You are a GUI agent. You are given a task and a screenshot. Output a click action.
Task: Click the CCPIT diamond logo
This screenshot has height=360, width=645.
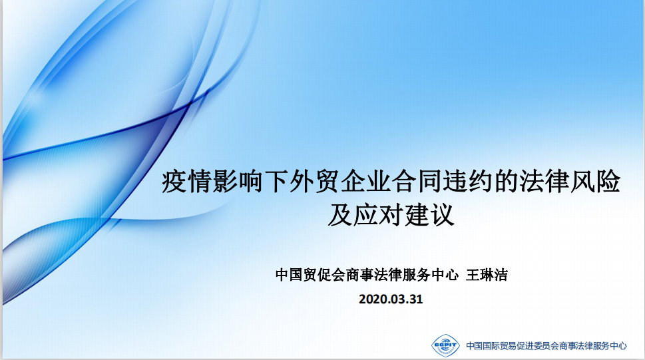click(x=445, y=345)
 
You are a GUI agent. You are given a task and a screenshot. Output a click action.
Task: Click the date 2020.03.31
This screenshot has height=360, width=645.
click(x=391, y=299)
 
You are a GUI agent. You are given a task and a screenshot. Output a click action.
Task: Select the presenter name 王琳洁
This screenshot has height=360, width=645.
click(x=487, y=274)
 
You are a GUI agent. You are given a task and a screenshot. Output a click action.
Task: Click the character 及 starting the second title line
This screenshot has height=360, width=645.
click(x=340, y=214)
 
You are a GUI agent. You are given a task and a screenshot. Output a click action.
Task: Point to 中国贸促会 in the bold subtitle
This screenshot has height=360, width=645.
click(x=311, y=274)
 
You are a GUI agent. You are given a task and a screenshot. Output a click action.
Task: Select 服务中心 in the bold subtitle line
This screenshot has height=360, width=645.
click(x=430, y=274)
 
